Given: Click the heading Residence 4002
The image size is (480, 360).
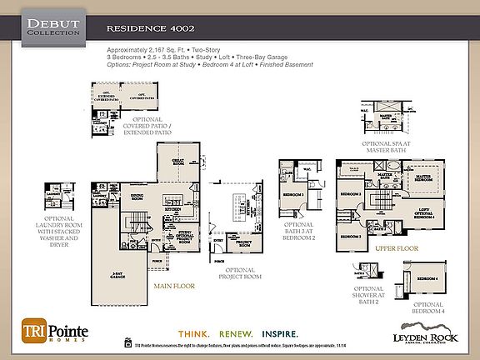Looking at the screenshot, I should click(x=144, y=27).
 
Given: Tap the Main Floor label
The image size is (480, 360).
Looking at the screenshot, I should click(x=174, y=286).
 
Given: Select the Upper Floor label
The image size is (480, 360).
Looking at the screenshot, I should click(x=395, y=248).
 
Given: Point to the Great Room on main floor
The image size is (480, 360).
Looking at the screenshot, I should click(x=178, y=162).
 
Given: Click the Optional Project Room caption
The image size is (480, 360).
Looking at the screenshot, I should click(x=240, y=274).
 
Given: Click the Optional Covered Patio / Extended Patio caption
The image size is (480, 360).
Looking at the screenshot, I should click(x=148, y=126).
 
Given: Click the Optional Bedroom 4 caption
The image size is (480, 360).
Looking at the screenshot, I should click(x=428, y=308).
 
